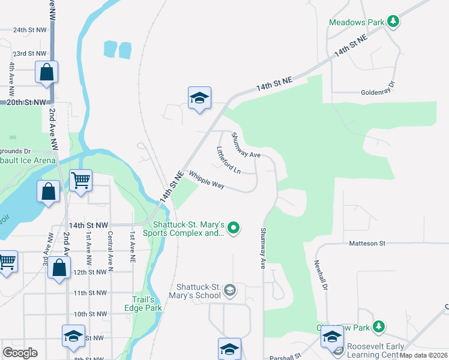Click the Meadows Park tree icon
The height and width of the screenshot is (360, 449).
pos(393,22)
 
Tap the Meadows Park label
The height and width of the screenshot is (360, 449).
pos(356,23)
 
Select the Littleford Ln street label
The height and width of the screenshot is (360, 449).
pos(229,161)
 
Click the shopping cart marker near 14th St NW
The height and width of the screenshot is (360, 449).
pos(80,179)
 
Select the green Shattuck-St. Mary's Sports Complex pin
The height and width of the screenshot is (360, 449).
pos(234,227)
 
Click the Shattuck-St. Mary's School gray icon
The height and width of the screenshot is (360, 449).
pos(229,291)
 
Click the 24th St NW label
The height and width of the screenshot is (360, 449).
pos(29,29)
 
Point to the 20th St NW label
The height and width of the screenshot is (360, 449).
pos(26,103)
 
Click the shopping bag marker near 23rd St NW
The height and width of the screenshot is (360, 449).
pos(47,72)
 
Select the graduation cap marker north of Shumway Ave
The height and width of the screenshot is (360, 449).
pos(199,98)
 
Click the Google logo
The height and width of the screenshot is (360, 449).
pos(20,352)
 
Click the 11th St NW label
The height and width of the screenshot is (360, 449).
pos(89,293)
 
